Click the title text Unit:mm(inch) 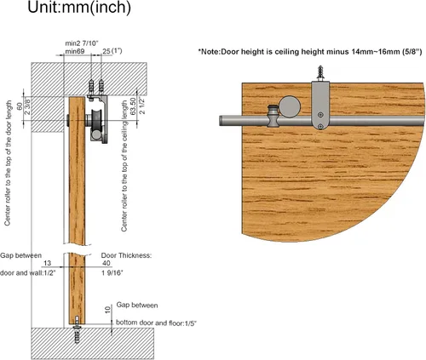pyautogui.click(x=79, y=7)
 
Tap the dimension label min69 pyautogui.click(x=75, y=51)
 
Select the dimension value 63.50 pyautogui.click(x=133, y=106)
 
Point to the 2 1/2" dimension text pyautogui.click(x=141, y=106)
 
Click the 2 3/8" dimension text pyautogui.click(x=27, y=106)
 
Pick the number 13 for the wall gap pyautogui.click(x=47, y=263)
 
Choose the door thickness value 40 pyautogui.click(x=106, y=263)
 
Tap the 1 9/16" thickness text pyautogui.click(x=112, y=273)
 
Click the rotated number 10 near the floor pyautogui.click(x=107, y=310)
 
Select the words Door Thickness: pyautogui.click(x=126, y=255)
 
